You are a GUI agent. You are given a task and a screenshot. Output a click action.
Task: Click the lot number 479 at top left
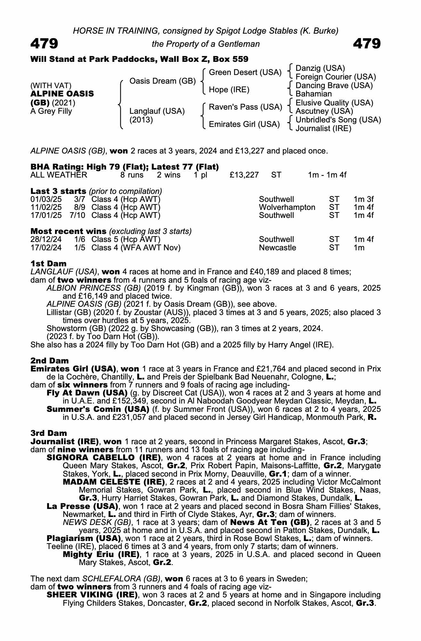[44, 44]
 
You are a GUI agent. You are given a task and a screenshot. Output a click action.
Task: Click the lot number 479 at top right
[367, 44]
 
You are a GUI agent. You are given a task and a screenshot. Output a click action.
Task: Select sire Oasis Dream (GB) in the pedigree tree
[162, 81]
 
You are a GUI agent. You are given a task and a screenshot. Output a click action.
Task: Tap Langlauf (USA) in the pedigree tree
[157, 111]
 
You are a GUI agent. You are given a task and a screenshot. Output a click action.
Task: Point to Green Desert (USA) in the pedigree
[245, 72]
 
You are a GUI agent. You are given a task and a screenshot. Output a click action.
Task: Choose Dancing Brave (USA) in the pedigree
[334, 86]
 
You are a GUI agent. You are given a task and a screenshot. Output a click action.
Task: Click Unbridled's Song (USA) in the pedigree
[338, 120]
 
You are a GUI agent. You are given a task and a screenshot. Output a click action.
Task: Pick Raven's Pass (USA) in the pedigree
[245, 107]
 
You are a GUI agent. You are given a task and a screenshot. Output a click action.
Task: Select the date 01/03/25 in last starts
[46, 199]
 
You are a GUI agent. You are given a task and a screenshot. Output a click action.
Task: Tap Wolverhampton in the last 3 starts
[287, 207]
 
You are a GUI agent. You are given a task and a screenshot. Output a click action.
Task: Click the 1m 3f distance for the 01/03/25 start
[363, 199]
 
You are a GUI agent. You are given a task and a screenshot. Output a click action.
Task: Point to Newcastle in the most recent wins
[277, 248]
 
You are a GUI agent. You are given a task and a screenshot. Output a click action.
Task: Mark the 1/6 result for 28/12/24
[79, 239]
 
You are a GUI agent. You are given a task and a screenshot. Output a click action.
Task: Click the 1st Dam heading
[48, 263]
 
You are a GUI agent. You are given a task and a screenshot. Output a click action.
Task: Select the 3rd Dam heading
[49, 433]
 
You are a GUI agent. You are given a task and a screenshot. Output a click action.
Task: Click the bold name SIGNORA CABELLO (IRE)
[103, 457]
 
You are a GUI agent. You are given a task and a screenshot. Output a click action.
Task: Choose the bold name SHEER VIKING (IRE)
[92, 595]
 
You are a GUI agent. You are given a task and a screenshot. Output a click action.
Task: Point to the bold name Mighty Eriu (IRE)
[101, 554]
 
